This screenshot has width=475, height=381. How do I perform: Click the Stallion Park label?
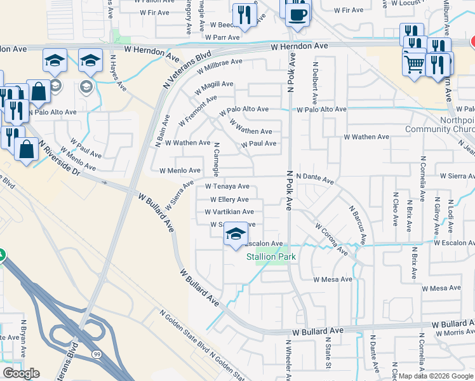[271, 257]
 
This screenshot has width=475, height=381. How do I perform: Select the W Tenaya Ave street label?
[227, 187]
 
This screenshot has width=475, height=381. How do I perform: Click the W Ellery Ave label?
[224, 199]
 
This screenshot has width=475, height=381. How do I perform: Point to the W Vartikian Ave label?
[229, 212]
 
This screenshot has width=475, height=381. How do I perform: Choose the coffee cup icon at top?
[297, 13]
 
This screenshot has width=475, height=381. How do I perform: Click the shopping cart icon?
[414, 63]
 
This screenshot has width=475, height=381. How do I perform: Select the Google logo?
[22, 373]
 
